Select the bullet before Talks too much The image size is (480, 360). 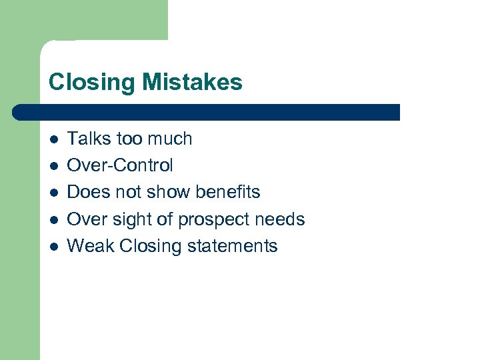54,139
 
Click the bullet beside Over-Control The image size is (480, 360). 54,166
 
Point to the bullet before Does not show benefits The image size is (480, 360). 54,193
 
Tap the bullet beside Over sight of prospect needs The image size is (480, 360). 54,219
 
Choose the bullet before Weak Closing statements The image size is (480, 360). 54,246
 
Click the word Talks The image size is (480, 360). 88,139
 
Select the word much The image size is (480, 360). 170,139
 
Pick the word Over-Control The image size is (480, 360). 120,165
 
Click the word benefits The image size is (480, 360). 227,192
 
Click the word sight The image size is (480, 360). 133,219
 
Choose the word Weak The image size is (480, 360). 91,245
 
